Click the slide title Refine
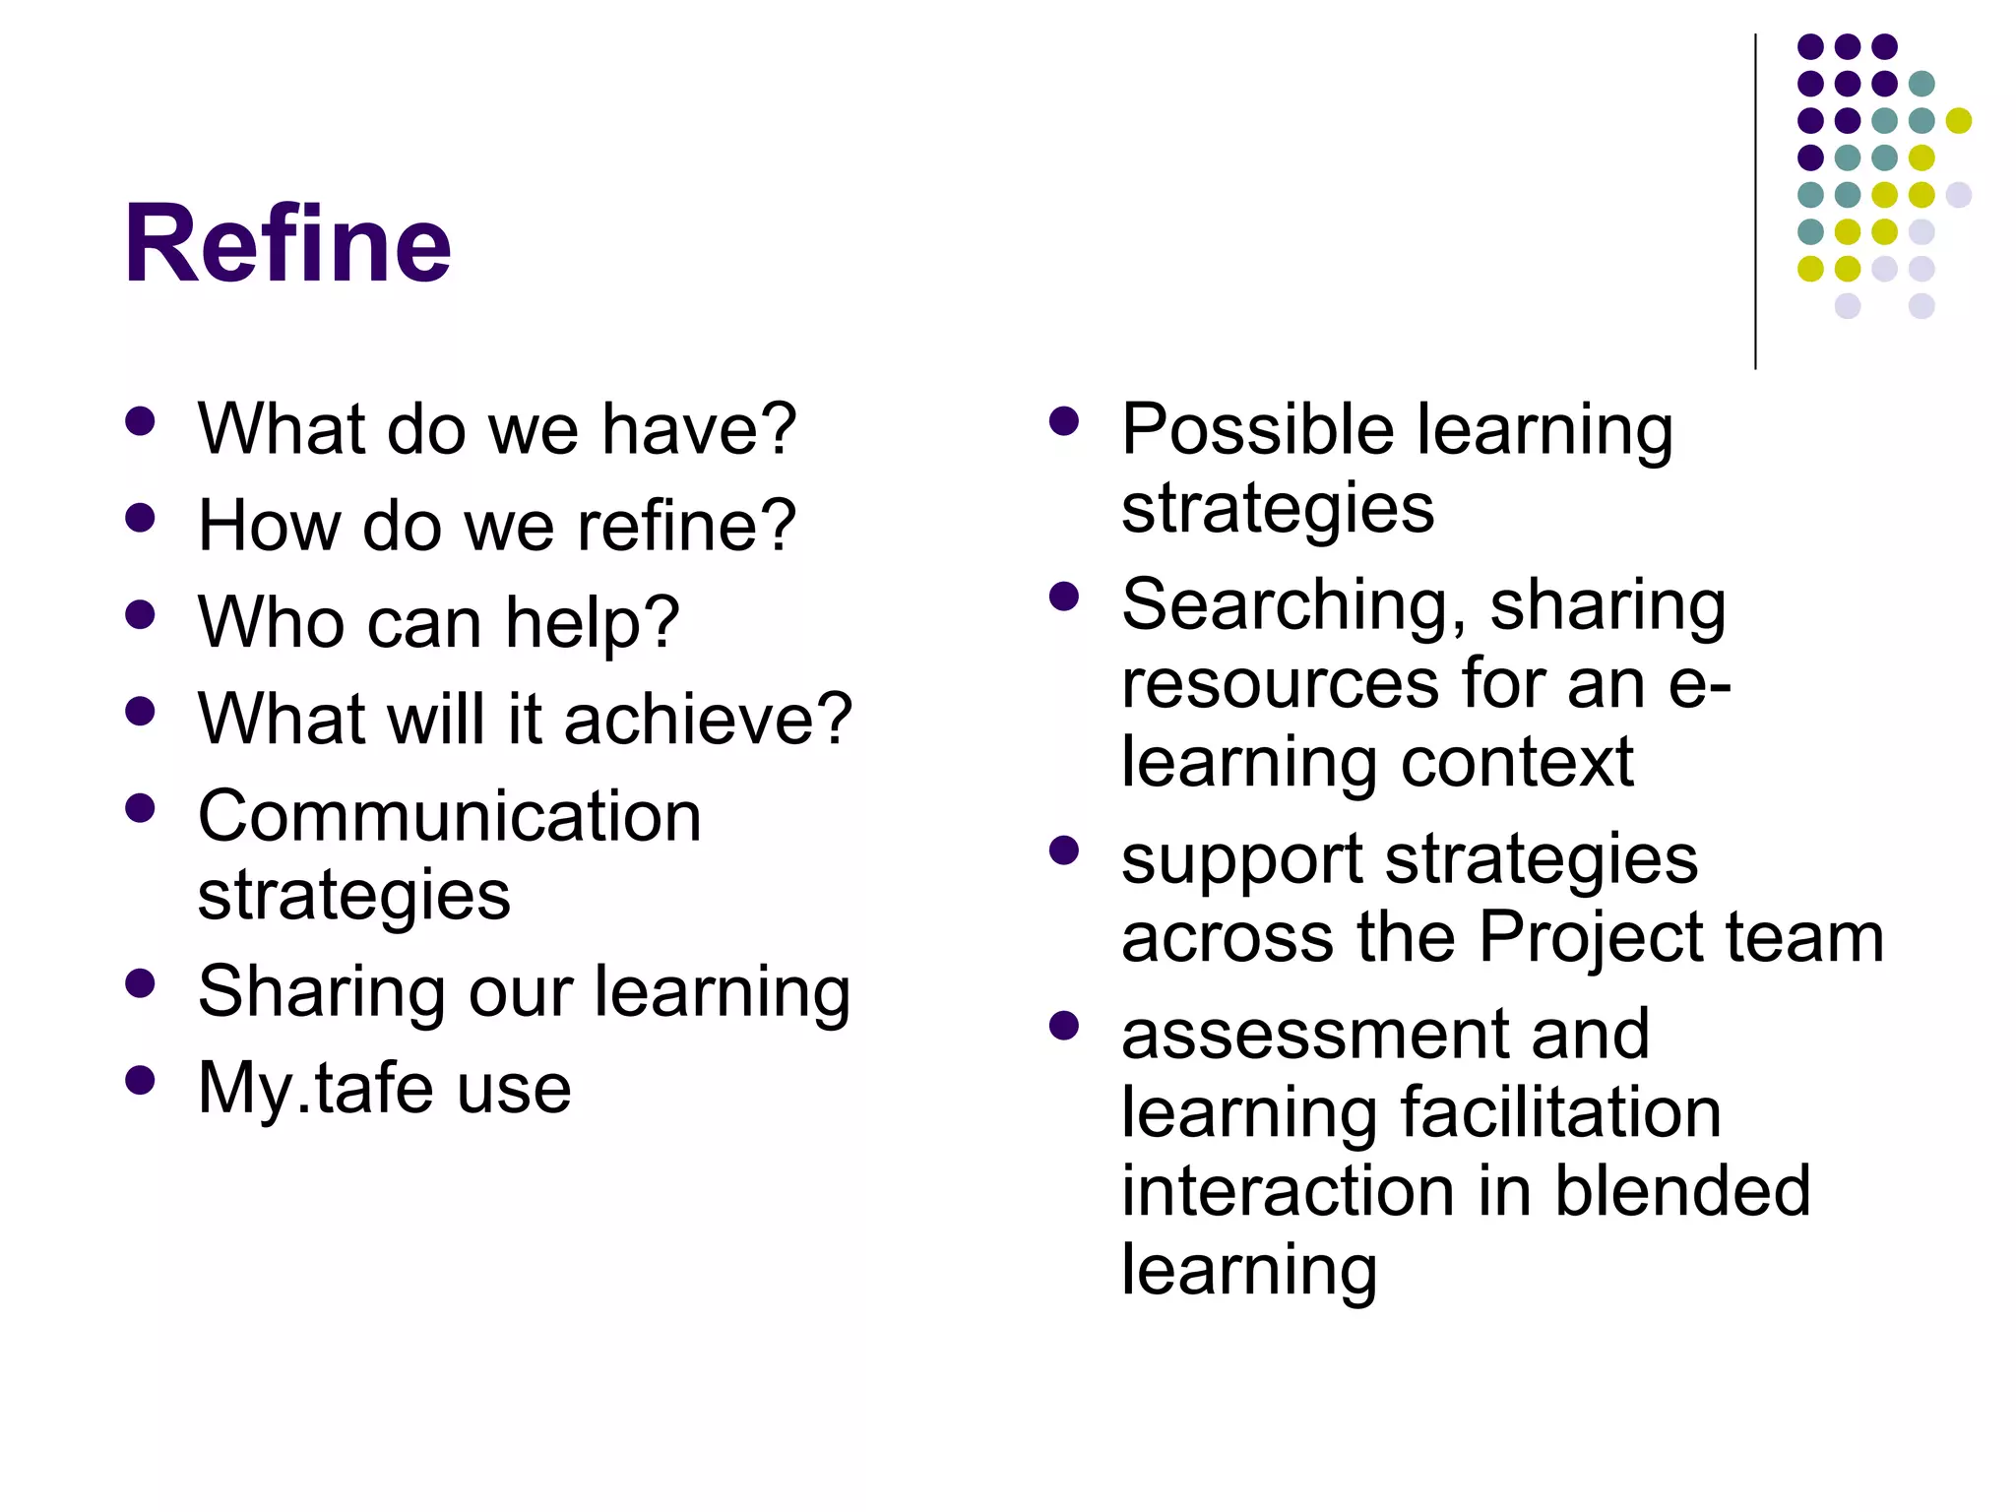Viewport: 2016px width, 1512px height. (x=287, y=243)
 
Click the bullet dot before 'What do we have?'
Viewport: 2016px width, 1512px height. (x=141, y=421)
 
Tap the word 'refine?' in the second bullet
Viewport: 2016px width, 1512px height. (x=686, y=526)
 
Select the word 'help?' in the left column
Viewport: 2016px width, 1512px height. (x=592, y=623)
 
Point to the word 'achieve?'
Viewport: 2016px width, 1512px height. (x=708, y=719)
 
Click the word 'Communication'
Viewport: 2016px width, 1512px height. (x=450, y=817)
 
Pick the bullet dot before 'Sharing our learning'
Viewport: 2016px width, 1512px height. (x=141, y=983)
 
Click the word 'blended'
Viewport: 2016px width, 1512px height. (x=1682, y=1191)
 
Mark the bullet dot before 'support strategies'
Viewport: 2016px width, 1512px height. (x=1064, y=850)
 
